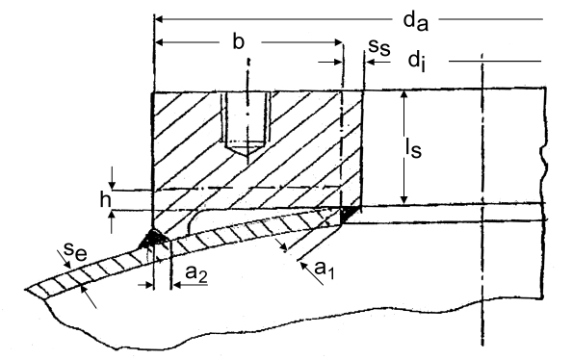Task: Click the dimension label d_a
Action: click(415, 21)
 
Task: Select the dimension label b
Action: click(238, 41)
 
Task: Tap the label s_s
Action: click(379, 47)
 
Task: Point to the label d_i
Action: click(417, 61)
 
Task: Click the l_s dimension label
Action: click(414, 147)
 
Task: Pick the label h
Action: click(106, 199)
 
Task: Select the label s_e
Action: click(75, 250)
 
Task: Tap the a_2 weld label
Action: click(196, 273)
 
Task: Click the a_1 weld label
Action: click(325, 270)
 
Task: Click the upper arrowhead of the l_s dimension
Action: click(403, 95)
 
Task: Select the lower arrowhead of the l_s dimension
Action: click(403, 199)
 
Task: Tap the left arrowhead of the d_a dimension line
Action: click(161, 19)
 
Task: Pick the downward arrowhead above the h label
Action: click(113, 184)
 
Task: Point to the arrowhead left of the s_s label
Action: click(371, 63)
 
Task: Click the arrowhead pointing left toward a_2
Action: click(177, 285)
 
